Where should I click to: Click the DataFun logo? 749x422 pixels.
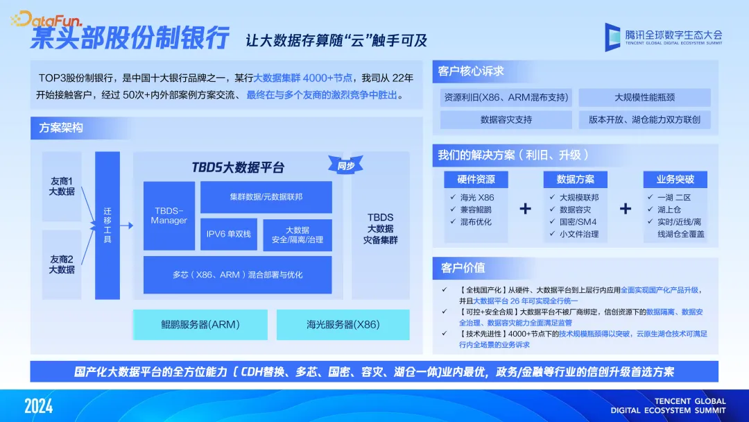pos(46,19)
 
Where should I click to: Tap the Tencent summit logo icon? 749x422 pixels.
pos(612,37)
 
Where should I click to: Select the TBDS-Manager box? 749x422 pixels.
pos(169,216)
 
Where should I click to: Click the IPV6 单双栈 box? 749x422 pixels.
pos(229,234)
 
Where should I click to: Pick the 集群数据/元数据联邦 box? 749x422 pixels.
pos(266,197)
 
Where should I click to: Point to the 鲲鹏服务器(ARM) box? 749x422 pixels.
pos(200,325)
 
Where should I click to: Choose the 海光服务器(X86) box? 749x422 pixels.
pos(343,325)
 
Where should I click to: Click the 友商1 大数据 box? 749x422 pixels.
pos(62,187)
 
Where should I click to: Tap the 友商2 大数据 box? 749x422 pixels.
pos(62,264)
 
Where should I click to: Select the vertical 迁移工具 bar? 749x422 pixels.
pos(107,226)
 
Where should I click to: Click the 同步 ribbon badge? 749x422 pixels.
pos(345,165)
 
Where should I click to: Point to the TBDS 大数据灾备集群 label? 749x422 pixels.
pos(380,228)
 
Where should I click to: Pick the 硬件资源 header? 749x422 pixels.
pos(476,179)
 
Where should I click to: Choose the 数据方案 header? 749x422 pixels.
pos(575,179)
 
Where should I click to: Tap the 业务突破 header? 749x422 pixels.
pos(675,179)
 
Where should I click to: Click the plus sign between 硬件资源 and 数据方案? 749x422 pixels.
pos(526,208)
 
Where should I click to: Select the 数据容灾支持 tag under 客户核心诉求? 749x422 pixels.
pos(506,119)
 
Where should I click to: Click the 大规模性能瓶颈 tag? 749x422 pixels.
pos(644,97)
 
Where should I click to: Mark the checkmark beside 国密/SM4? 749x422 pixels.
pos(552,221)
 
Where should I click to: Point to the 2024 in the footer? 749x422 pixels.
pos(39,406)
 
